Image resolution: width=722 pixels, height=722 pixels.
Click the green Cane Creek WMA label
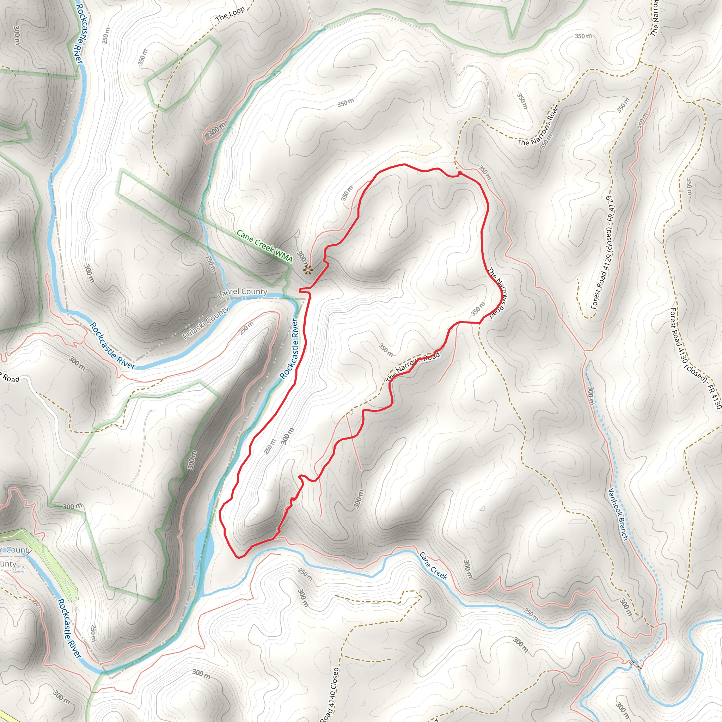pyautogui.click(x=265, y=247)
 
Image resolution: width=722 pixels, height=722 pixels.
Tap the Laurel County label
pyautogui.click(x=243, y=293)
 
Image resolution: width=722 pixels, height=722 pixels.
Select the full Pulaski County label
pyautogui.click(x=206, y=323)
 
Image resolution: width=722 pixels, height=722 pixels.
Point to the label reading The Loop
pyautogui.click(x=230, y=14)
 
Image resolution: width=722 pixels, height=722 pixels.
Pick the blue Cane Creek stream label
pyautogui.click(x=433, y=566)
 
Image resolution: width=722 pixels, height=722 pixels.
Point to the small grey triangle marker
pyautogui.click(x=482, y=508)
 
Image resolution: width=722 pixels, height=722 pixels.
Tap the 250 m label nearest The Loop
pyautogui.click(x=106, y=36)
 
